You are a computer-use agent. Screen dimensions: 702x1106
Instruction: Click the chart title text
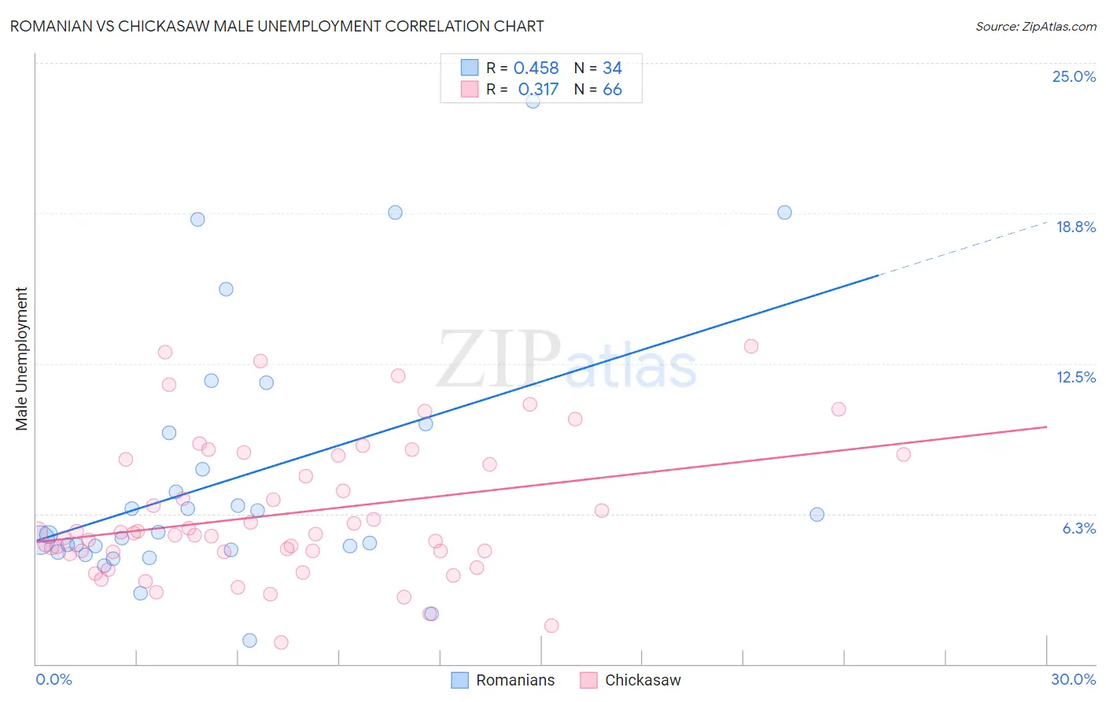(276, 26)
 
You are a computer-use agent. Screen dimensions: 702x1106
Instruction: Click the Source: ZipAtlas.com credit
(1035, 27)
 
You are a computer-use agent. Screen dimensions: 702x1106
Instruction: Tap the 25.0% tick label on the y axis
(1074, 76)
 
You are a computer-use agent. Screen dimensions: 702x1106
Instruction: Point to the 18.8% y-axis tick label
(1075, 227)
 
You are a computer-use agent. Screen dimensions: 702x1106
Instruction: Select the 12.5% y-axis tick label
(1075, 377)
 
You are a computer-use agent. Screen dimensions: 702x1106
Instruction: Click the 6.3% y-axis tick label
(1078, 528)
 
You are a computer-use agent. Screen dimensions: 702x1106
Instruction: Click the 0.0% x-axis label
(53, 679)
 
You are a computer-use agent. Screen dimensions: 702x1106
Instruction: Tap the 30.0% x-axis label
(1073, 679)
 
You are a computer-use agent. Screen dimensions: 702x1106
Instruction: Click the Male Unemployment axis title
(21, 359)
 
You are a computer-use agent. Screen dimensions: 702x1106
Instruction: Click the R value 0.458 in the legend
(536, 68)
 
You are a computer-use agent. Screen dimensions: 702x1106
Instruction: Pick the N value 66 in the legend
(612, 90)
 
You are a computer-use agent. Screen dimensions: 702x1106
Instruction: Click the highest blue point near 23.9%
(533, 101)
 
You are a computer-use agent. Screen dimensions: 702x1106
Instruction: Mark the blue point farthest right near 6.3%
(817, 515)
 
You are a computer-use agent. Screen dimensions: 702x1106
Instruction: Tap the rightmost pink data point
(903, 454)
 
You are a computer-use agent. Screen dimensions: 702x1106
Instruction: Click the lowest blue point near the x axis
(249, 640)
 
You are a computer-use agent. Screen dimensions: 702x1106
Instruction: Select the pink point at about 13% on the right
(750, 346)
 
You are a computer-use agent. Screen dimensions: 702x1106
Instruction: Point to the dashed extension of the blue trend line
(964, 248)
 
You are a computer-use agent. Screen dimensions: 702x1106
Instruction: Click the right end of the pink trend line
(1046, 427)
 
